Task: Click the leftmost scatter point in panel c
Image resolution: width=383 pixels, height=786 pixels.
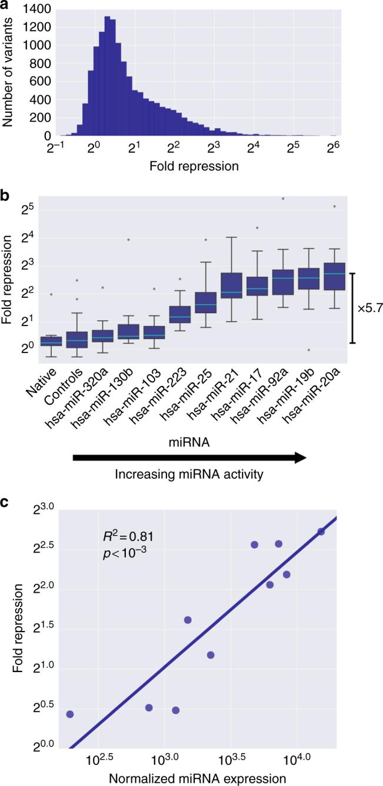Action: [70, 714]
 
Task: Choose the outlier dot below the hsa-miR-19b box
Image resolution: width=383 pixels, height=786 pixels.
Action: [307, 350]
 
